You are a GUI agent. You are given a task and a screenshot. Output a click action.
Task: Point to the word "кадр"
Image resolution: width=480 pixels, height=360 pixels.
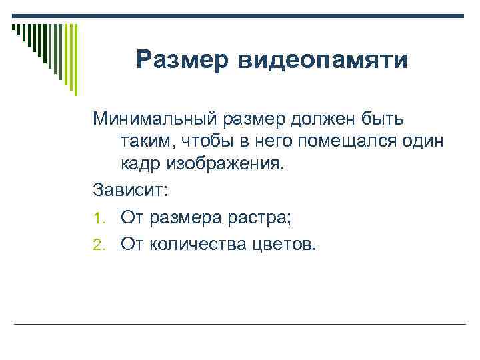pos(142,164)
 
